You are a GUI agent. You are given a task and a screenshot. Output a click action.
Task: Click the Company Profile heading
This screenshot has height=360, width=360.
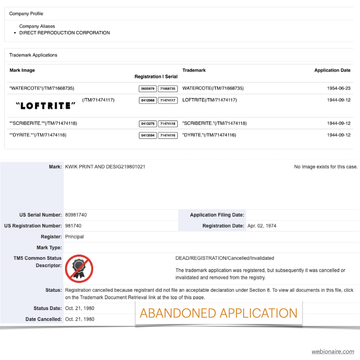pyautogui.click(x=26, y=13)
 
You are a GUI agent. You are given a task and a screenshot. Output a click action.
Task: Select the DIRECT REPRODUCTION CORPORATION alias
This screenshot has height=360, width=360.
pyautogui.click(x=65, y=33)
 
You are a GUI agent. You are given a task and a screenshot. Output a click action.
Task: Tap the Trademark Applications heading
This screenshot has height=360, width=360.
pyautogui.click(x=33, y=55)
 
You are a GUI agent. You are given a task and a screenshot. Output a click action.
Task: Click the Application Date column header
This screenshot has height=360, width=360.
pyautogui.click(x=332, y=70)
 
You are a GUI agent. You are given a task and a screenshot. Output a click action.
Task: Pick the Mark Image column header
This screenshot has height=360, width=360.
pyautogui.click(x=22, y=70)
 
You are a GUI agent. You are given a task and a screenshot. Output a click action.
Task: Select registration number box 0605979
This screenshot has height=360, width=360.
pyautogui.click(x=147, y=88)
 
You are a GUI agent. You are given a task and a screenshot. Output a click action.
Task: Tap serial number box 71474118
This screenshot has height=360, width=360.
pyautogui.click(x=168, y=124)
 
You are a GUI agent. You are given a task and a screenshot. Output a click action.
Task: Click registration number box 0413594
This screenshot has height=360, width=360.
pyautogui.click(x=147, y=135)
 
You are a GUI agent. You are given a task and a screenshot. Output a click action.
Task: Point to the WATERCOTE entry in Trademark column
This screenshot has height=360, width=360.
pyautogui.click(x=213, y=88)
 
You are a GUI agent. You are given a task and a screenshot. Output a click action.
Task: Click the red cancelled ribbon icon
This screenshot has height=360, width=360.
pyautogui.click(x=79, y=269)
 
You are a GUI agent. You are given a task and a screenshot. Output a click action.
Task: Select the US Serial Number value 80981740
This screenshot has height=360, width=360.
pyautogui.click(x=76, y=215)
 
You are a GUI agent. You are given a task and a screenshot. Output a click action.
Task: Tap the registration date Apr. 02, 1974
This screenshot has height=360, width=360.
pyautogui.click(x=262, y=226)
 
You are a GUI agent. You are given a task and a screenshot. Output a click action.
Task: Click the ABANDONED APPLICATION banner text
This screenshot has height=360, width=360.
pyautogui.click(x=218, y=313)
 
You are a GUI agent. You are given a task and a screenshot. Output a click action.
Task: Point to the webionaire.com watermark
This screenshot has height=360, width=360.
pyautogui.click(x=333, y=351)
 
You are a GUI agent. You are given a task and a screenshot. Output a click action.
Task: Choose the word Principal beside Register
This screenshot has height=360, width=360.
pyautogui.click(x=74, y=236)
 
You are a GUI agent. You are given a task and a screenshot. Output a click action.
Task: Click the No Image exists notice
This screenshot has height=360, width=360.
pyautogui.click(x=326, y=167)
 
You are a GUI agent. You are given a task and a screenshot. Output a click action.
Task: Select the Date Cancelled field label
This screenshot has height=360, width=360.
pyautogui.click(x=43, y=319)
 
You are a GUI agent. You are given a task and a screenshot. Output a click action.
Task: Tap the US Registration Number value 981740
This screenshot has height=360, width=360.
pyautogui.click(x=73, y=226)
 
